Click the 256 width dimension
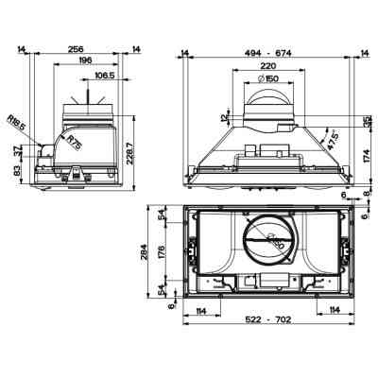(77, 48)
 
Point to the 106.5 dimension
(105, 75)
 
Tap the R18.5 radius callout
(15, 122)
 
